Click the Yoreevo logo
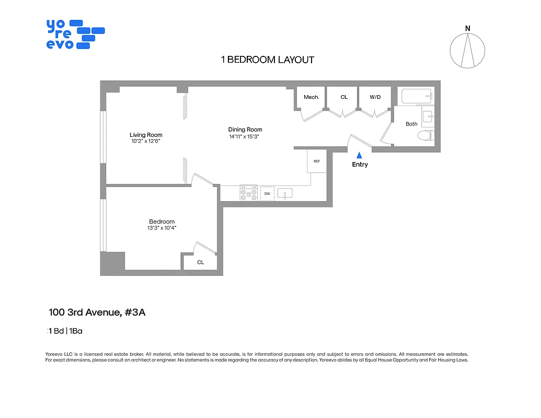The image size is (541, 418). tap(75, 34)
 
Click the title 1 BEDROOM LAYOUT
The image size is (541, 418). tap(268, 60)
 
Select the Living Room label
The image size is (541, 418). tap(146, 135)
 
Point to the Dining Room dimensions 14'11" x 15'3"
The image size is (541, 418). tap(245, 136)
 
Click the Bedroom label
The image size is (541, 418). tap(162, 222)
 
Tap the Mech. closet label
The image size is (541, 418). tap(311, 97)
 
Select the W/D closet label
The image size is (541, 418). tap(375, 97)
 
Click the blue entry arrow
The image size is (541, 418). tap(360, 155)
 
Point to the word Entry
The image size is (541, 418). tap(360, 165)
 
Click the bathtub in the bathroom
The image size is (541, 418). tap(417, 96)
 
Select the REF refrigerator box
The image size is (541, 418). tap(317, 161)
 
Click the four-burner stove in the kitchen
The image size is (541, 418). tap(248, 194)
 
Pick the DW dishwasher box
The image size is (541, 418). tap(267, 194)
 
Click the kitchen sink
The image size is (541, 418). tap(284, 194)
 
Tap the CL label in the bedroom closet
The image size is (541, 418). tap(200, 262)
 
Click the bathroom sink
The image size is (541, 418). tap(428, 115)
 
